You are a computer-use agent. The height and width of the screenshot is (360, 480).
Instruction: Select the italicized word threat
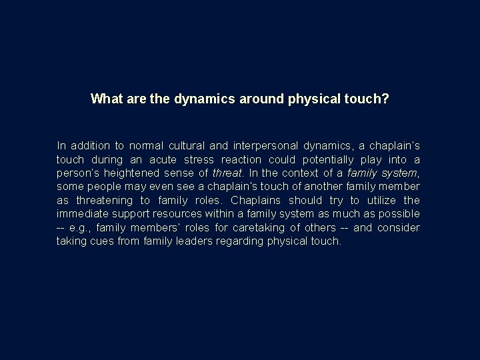point(227,173)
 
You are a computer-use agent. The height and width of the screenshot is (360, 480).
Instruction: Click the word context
point(301,173)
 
